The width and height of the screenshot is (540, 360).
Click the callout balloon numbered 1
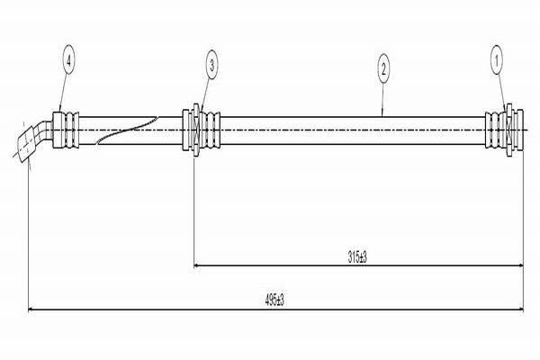[x=497, y=61]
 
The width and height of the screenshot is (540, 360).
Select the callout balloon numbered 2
[x=383, y=69]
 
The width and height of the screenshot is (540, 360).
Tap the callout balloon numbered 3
[x=211, y=65]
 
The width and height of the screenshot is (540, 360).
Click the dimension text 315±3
[x=357, y=257]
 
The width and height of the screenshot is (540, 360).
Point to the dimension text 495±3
[x=274, y=301]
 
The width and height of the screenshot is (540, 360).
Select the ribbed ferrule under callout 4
[x=66, y=130]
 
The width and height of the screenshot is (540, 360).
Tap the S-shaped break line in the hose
[x=127, y=130]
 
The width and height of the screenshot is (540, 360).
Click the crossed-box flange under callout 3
[x=196, y=130]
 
